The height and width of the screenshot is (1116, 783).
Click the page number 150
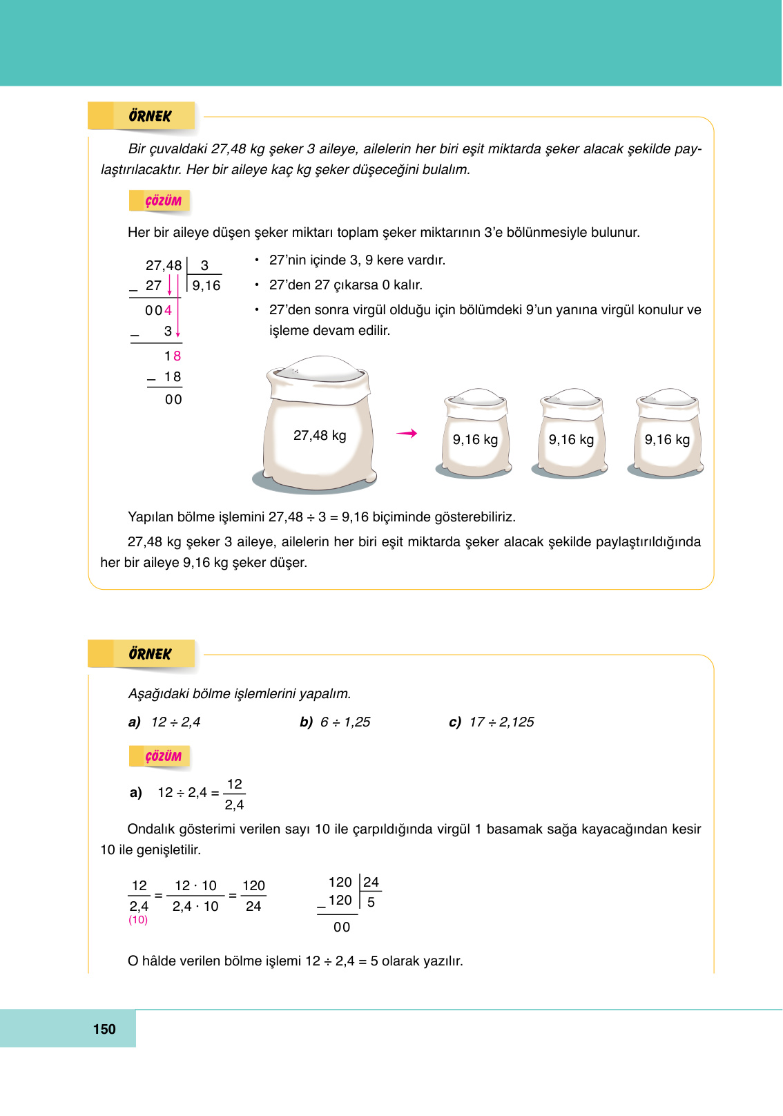[x=104, y=1029]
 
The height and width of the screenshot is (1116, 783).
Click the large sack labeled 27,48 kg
[x=320, y=428]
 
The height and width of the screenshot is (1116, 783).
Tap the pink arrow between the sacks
[x=407, y=434]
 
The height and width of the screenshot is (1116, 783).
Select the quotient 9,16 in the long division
[x=206, y=286]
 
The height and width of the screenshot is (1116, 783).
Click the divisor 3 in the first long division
[x=204, y=265]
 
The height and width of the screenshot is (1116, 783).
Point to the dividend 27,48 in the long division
[x=164, y=265]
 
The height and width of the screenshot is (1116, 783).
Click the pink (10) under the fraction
[x=138, y=920]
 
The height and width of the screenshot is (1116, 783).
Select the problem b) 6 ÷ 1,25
[x=336, y=722]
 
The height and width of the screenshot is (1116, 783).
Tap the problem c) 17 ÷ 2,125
[x=492, y=722]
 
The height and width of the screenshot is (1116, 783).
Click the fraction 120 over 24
[x=253, y=896]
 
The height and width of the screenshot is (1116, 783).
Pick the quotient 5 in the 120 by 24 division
[x=371, y=903]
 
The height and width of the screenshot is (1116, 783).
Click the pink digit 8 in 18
[x=177, y=356]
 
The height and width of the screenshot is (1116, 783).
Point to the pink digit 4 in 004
[x=168, y=311]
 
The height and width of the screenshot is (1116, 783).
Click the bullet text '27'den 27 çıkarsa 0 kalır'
[x=345, y=285]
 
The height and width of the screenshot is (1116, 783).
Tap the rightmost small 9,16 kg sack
[x=667, y=436]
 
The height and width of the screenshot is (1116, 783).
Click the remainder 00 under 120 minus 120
[x=342, y=927]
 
